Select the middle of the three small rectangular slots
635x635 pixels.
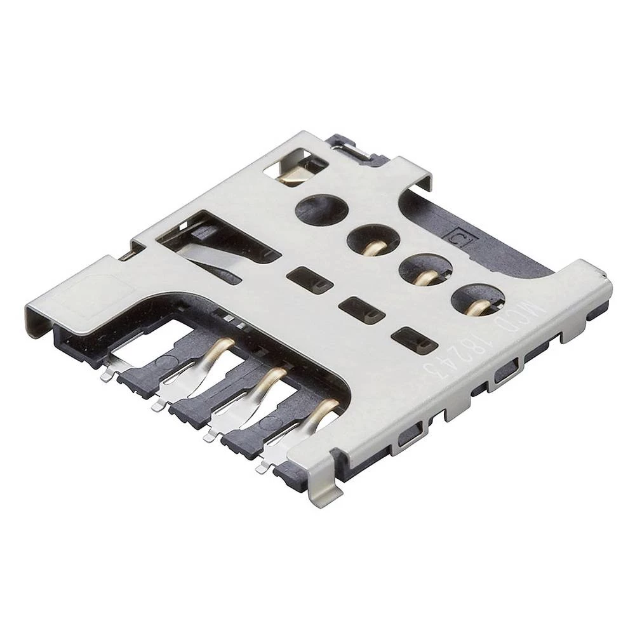[x=362, y=309]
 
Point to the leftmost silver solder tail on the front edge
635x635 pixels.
[x=106, y=375]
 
